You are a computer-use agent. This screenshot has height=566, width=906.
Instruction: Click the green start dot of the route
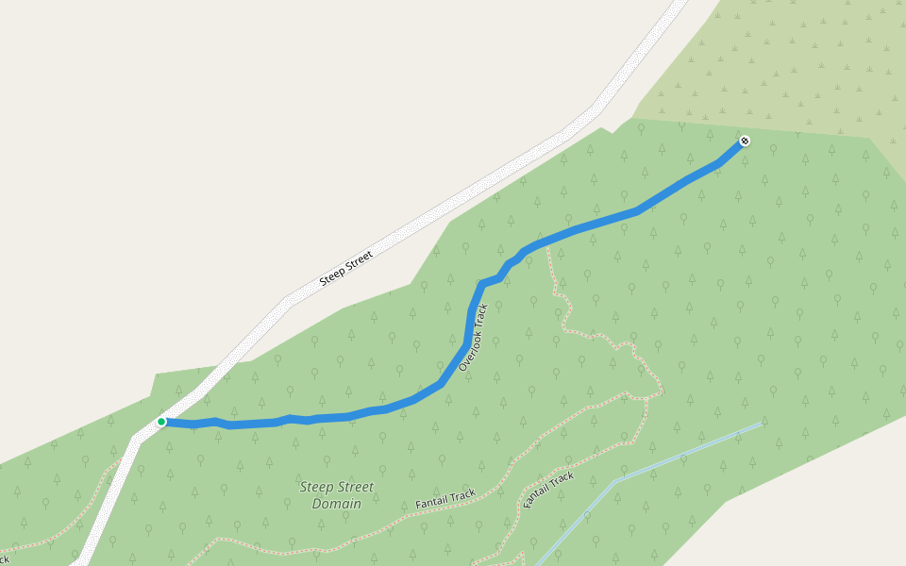point(161,422)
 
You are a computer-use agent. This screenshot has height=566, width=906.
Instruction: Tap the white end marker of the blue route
point(745,141)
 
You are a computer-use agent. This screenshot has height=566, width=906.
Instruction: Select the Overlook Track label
point(474,337)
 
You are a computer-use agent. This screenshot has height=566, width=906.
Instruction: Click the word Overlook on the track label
point(470,345)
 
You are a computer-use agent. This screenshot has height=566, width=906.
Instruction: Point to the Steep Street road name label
point(346,267)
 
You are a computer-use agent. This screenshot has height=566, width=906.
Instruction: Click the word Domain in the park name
point(337,504)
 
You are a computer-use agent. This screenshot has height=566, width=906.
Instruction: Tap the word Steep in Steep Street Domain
point(316,487)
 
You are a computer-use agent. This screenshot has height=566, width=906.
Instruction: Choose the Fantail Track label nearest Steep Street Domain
point(445,499)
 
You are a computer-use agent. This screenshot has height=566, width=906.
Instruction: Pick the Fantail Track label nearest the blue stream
point(548,490)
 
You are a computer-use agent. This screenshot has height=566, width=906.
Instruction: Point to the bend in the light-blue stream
point(615,482)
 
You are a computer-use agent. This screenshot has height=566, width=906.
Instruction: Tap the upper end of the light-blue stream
point(760,424)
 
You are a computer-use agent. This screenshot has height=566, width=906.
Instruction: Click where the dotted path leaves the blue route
point(547,247)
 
